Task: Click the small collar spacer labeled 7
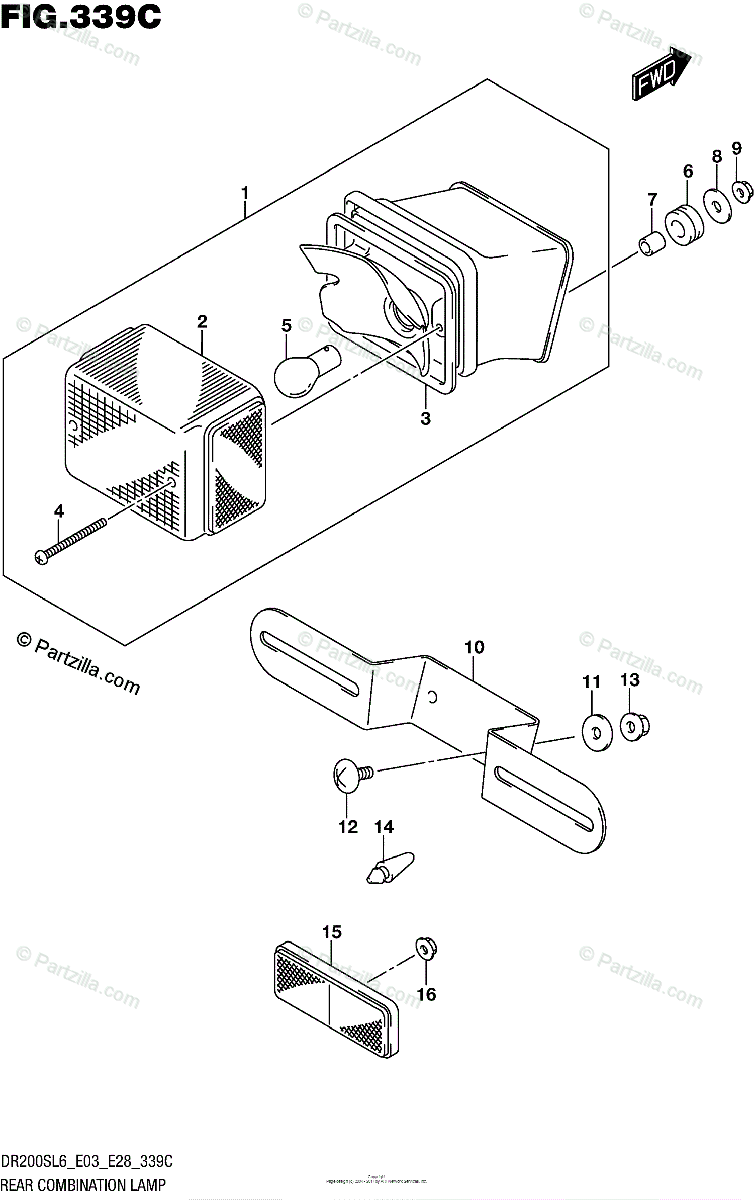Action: pos(651,242)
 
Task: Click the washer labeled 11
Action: pos(595,733)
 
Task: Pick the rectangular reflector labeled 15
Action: pos(335,989)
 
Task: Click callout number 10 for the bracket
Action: pos(473,648)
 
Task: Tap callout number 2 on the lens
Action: pos(202,321)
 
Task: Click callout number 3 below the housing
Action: pos(425,419)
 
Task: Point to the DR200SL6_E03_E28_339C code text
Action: pos(87,1162)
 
